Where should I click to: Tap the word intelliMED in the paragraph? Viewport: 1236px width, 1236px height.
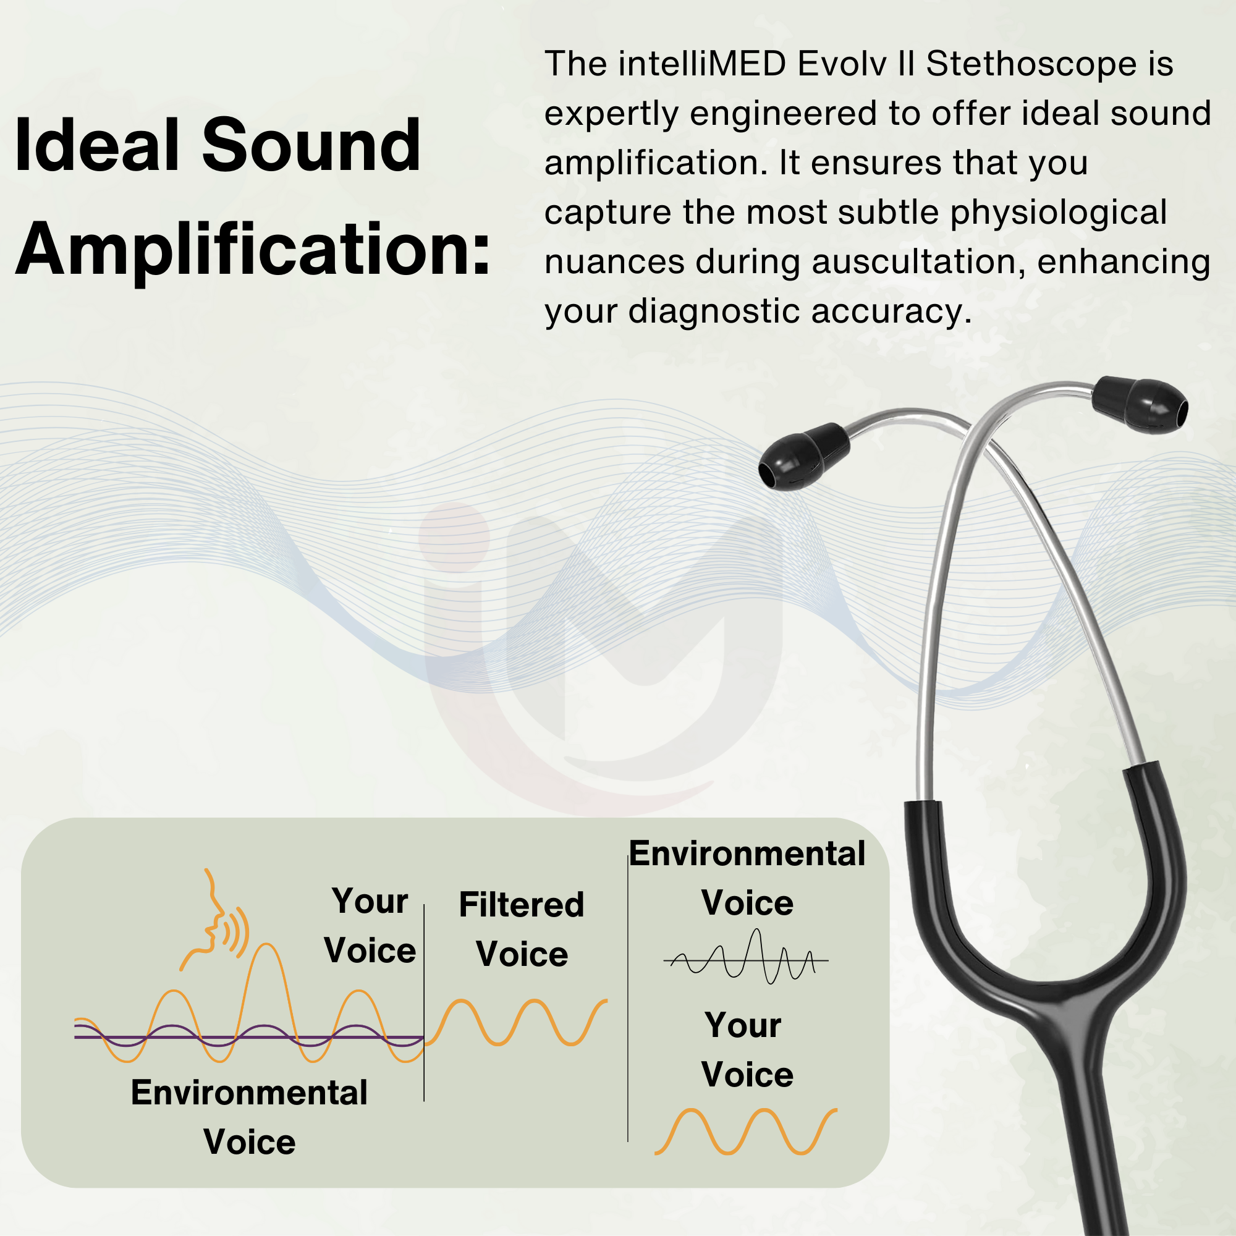703,64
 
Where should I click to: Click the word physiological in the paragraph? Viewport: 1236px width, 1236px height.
1059,213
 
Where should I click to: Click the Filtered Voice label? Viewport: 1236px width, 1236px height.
522,929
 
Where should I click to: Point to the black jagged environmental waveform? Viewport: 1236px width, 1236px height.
746,957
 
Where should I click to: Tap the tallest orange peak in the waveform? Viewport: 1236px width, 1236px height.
265,946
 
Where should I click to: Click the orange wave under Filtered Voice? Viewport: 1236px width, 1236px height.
515,1022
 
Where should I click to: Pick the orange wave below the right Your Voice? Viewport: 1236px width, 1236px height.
746,1132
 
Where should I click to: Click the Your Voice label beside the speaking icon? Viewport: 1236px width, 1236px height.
370,926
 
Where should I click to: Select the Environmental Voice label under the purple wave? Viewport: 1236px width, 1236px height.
250,1117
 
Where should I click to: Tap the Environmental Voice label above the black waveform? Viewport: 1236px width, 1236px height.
747,878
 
